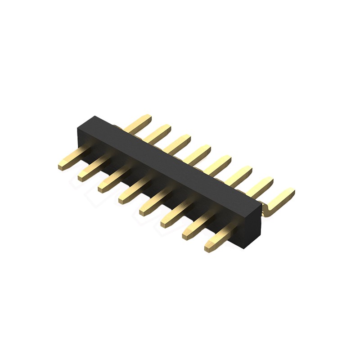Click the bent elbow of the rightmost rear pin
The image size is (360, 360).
tap(266, 211)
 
